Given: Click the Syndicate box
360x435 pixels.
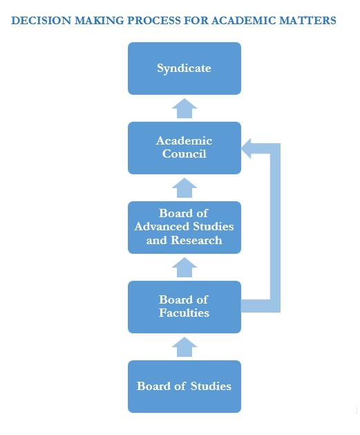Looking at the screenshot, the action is tap(184, 68).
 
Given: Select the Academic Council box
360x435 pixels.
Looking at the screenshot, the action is tap(184, 148).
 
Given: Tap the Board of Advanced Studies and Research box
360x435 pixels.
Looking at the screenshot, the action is tap(184, 228).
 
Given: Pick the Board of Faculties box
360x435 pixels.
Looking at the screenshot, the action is tap(184, 307).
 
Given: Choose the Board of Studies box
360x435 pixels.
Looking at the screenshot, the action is tap(184, 387).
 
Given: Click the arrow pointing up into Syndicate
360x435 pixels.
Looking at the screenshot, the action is tap(184, 109).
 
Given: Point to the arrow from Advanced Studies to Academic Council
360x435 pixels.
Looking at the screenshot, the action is tap(184, 188).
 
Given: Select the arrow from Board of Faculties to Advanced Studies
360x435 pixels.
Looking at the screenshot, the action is tap(184, 268).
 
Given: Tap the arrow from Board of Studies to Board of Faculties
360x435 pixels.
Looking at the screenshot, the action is tap(184, 347).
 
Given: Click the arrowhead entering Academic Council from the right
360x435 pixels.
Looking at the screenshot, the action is tap(247, 149).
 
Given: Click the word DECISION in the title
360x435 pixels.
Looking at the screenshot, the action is tap(41, 21).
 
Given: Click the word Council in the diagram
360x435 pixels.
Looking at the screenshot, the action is tap(184, 154).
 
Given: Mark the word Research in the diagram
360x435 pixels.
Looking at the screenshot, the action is tap(196, 240).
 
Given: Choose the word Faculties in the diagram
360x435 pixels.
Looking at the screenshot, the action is tap(184, 313).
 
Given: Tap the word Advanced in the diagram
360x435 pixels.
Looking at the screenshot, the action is tap(162, 227).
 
